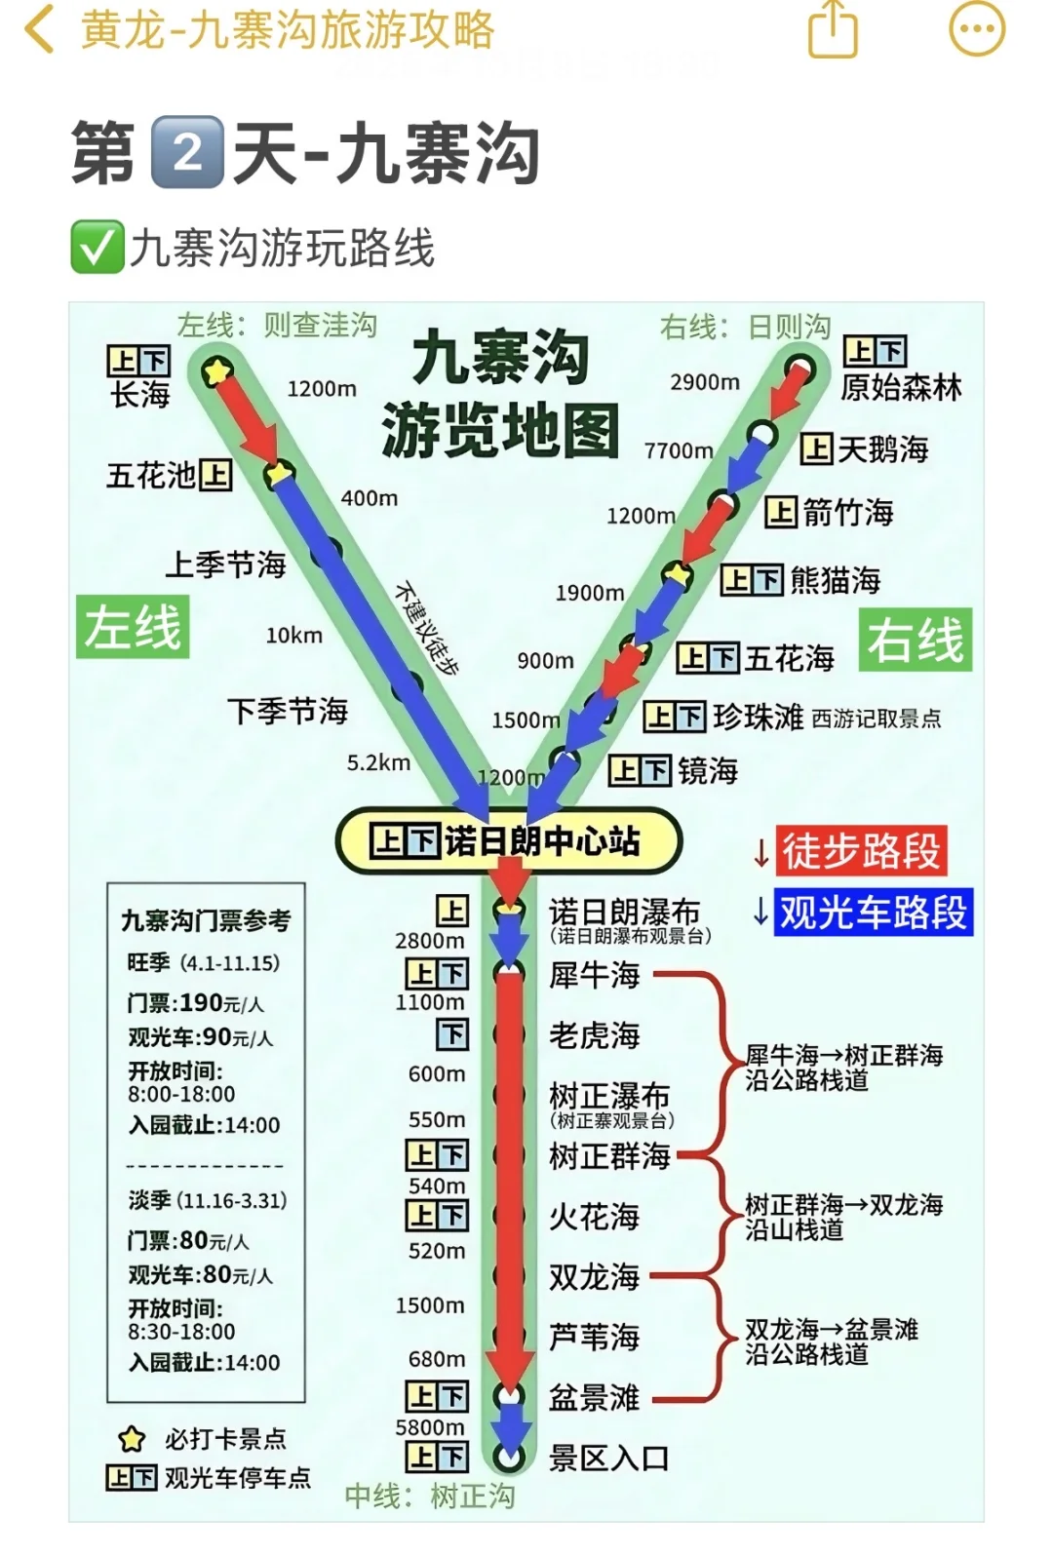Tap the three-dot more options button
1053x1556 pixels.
pos(976,29)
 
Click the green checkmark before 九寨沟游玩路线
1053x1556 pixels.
pos(97,247)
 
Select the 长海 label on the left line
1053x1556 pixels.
pos(140,395)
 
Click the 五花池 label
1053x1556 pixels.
pos(151,476)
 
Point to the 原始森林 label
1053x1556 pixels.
pos(901,387)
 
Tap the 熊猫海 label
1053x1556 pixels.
pos(835,581)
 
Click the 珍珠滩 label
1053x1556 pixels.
pos(758,718)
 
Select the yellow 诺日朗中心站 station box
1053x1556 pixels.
pos(508,840)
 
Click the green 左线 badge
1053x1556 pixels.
pos(133,626)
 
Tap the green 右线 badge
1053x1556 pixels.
pos(915,641)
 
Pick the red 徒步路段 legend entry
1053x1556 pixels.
pos(861,851)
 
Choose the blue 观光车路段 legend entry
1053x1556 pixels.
pos(873,913)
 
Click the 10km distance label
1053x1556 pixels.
pos(293,636)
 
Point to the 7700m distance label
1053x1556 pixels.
pos(679,450)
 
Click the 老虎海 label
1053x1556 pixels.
pos(594,1035)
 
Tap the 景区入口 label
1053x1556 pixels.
pos(608,1459)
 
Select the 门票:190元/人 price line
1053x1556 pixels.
pos(195,1003)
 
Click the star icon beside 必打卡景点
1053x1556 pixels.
pos(132,1439)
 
